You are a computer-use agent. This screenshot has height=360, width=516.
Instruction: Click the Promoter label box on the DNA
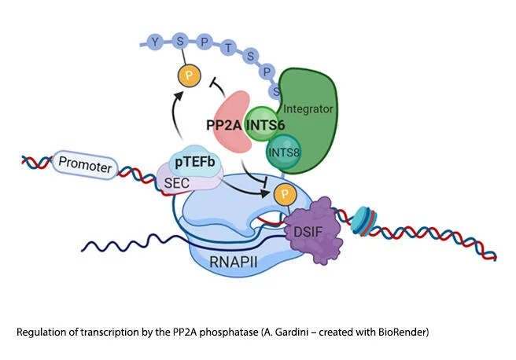(x=85, y=164)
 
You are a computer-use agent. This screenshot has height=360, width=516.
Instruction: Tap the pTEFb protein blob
(x=195, y=161)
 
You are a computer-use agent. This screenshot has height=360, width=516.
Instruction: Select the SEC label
(x=177, y=183)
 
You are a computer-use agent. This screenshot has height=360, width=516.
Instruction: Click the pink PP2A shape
(x=230, y=122)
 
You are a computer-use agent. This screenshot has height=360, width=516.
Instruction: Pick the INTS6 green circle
(x=262, y=124)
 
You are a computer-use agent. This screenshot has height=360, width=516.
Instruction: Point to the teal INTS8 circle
(x=283, y=152)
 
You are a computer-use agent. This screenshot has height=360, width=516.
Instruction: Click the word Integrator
(x=308, y=108)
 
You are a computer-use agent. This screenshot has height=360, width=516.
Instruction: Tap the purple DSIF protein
(x=315, y=230)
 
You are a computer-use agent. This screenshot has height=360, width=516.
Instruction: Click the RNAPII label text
(x=234, y=262)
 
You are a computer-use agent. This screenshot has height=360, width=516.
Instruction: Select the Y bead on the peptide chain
(x=155, y=42)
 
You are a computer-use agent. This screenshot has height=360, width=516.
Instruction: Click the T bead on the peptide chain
(x=228, y=48)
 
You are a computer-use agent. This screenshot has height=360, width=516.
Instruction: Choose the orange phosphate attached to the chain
(x=189, y=75)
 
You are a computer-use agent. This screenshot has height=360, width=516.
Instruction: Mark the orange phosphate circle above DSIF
(x=285, y=194)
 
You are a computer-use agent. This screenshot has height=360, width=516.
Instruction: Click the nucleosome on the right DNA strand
(x=363, y=221)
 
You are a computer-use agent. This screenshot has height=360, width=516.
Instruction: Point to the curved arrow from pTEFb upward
(x=173, y=115)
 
